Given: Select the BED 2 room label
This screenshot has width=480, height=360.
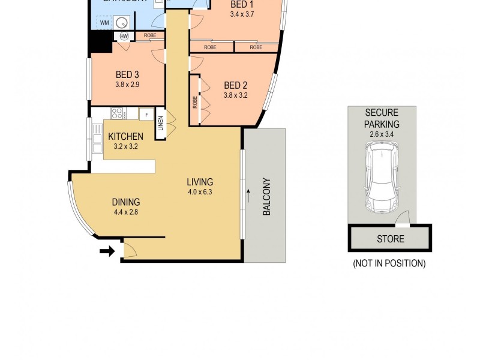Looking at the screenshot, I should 235,85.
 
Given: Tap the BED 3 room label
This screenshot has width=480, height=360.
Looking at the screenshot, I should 127,74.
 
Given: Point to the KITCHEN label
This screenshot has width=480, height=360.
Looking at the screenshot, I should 125,136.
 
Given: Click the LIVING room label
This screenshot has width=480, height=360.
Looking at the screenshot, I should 200,182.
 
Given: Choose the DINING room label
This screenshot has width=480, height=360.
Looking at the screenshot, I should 125,202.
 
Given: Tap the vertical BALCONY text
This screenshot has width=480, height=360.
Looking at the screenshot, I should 267,197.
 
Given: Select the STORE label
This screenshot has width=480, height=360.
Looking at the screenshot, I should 390,239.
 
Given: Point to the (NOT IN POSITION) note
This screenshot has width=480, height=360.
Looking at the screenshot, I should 389,263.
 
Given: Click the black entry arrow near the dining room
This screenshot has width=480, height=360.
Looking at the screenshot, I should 107,251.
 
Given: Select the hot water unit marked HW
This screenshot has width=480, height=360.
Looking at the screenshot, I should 124,37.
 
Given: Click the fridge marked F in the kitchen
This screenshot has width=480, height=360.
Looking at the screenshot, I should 146,113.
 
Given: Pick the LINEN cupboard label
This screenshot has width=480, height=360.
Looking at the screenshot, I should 160,124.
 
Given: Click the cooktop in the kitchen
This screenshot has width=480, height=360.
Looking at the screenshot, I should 117,112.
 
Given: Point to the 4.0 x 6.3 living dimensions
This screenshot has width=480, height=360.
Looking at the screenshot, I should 200,193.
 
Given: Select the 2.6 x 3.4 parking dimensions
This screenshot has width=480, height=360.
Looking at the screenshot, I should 382,134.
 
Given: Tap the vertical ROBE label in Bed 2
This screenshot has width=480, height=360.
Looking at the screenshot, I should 195,101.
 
